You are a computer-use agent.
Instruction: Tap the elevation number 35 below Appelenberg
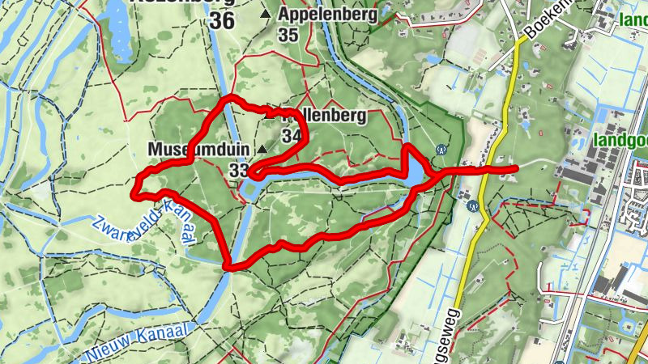[x=288, y=35]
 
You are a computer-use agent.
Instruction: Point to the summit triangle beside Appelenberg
[x=266, y=15]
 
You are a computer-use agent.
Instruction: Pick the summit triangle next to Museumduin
[x=262, y=150]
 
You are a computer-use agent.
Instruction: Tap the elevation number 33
[x=238, y=170]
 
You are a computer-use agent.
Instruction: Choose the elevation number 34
[x=292, y=136]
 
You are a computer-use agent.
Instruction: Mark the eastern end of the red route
[x=516, y=168]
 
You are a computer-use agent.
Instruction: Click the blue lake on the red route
[x=412, y=171]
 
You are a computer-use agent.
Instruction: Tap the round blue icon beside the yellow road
[x=472, y=205]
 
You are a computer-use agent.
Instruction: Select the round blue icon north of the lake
[x=441, y=149]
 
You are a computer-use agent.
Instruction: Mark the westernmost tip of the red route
[x=134, y=192]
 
